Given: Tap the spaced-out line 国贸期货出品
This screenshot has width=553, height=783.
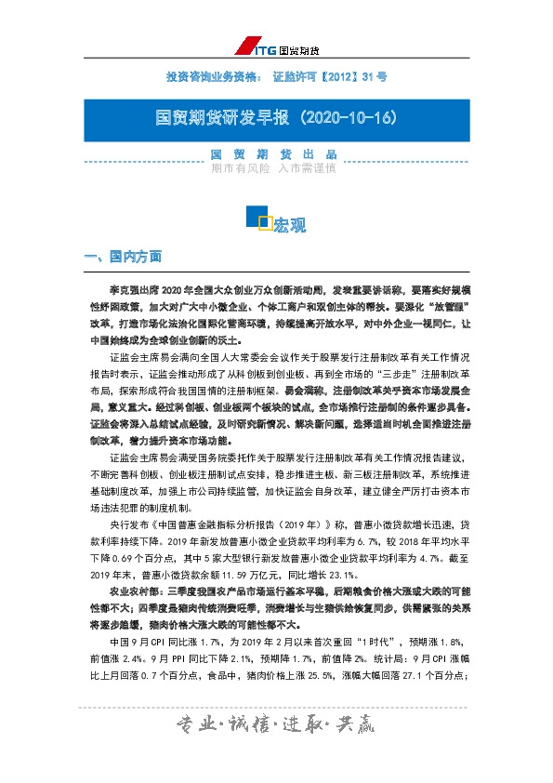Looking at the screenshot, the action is (x=273, y=154).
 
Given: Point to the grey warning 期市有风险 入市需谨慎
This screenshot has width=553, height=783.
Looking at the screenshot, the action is (x=273, y=169).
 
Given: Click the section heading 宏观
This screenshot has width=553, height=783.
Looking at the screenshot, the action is (x=289, y=225).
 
